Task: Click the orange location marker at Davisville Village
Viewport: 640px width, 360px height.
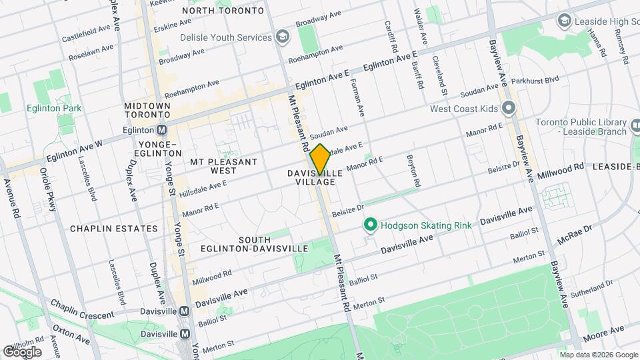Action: point(320,158)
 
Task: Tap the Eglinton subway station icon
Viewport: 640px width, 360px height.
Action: point(161,130)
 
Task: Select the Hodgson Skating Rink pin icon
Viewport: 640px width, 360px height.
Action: point(371,225)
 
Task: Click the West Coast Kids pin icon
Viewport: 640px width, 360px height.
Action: point(509,108)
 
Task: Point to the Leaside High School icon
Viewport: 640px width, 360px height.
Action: point(565,21)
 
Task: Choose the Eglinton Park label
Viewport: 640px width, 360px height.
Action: point(54,108)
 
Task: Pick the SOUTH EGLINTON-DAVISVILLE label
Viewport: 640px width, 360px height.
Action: point(254,244)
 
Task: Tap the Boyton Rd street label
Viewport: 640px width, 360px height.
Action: point(413,171)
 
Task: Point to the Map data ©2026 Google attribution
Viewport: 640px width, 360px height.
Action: point(598,355)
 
